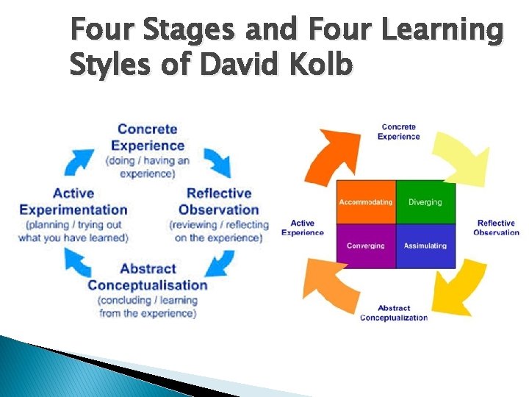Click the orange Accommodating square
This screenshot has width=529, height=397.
point(366,202)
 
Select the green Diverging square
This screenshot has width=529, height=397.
point(425,202)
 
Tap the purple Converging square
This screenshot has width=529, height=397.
point(366,246)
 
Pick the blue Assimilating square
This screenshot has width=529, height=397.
point(425,246)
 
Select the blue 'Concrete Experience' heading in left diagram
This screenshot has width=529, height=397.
point(148,137)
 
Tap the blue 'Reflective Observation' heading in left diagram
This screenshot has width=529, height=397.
point(219,201)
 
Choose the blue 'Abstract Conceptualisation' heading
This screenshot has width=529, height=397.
point(148,276)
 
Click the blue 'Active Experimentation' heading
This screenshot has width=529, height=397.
point(73,201)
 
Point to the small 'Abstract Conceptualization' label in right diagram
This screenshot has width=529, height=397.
point(394,312)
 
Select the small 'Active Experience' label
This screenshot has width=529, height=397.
point(302,228)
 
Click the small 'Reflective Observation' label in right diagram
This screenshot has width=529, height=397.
point(496,228)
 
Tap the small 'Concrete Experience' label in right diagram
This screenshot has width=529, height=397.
point(399,132)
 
